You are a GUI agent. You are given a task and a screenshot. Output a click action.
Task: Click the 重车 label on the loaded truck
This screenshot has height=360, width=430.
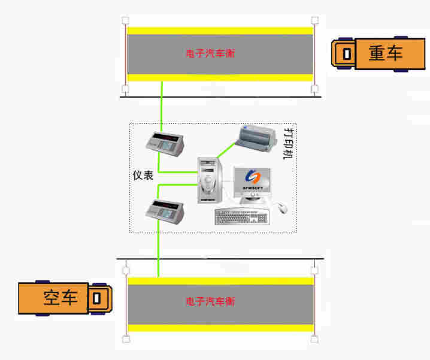click(x=385, y=53)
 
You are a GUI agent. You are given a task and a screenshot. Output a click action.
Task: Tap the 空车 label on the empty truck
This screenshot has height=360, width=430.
click(x=60, y=298)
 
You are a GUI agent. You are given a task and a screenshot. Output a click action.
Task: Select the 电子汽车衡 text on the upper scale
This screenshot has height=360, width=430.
click(x=210, y=53)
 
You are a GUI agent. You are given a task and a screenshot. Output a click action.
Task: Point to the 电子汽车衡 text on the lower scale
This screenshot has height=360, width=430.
click(x=210, y=302)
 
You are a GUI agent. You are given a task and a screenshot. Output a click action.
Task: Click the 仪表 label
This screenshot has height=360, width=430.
click(x=143, y=176)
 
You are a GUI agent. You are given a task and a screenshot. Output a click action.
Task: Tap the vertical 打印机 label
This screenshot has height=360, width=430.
click(x=288, y=144)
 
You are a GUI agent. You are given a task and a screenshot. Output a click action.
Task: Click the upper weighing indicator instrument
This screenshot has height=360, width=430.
click(x=165, y=144)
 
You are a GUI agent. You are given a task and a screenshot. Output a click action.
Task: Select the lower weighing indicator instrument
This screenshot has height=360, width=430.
click(x=165, y=211)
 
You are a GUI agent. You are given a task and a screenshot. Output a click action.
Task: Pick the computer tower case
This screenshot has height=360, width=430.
click(x=210, y=180)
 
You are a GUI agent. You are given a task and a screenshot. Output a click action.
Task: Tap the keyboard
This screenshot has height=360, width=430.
click(x=241, y=217)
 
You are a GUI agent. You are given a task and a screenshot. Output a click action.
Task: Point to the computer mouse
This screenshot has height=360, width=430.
click(x=282, y=208)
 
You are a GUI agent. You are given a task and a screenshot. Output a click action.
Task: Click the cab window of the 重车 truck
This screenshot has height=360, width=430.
click(x=347, y=54)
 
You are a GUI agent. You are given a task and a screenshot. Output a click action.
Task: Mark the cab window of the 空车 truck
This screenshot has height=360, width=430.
click(x=96, y=298)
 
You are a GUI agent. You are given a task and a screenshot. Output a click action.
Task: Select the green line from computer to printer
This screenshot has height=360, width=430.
click(x=226, y=150)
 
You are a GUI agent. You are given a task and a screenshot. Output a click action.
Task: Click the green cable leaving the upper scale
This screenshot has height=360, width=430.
click(x=162, y=107)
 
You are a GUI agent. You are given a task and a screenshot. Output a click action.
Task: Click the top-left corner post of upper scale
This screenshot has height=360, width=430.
click(x=125, y=20)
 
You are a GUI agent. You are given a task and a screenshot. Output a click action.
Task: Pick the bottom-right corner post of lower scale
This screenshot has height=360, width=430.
click(x=314, y=340)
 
